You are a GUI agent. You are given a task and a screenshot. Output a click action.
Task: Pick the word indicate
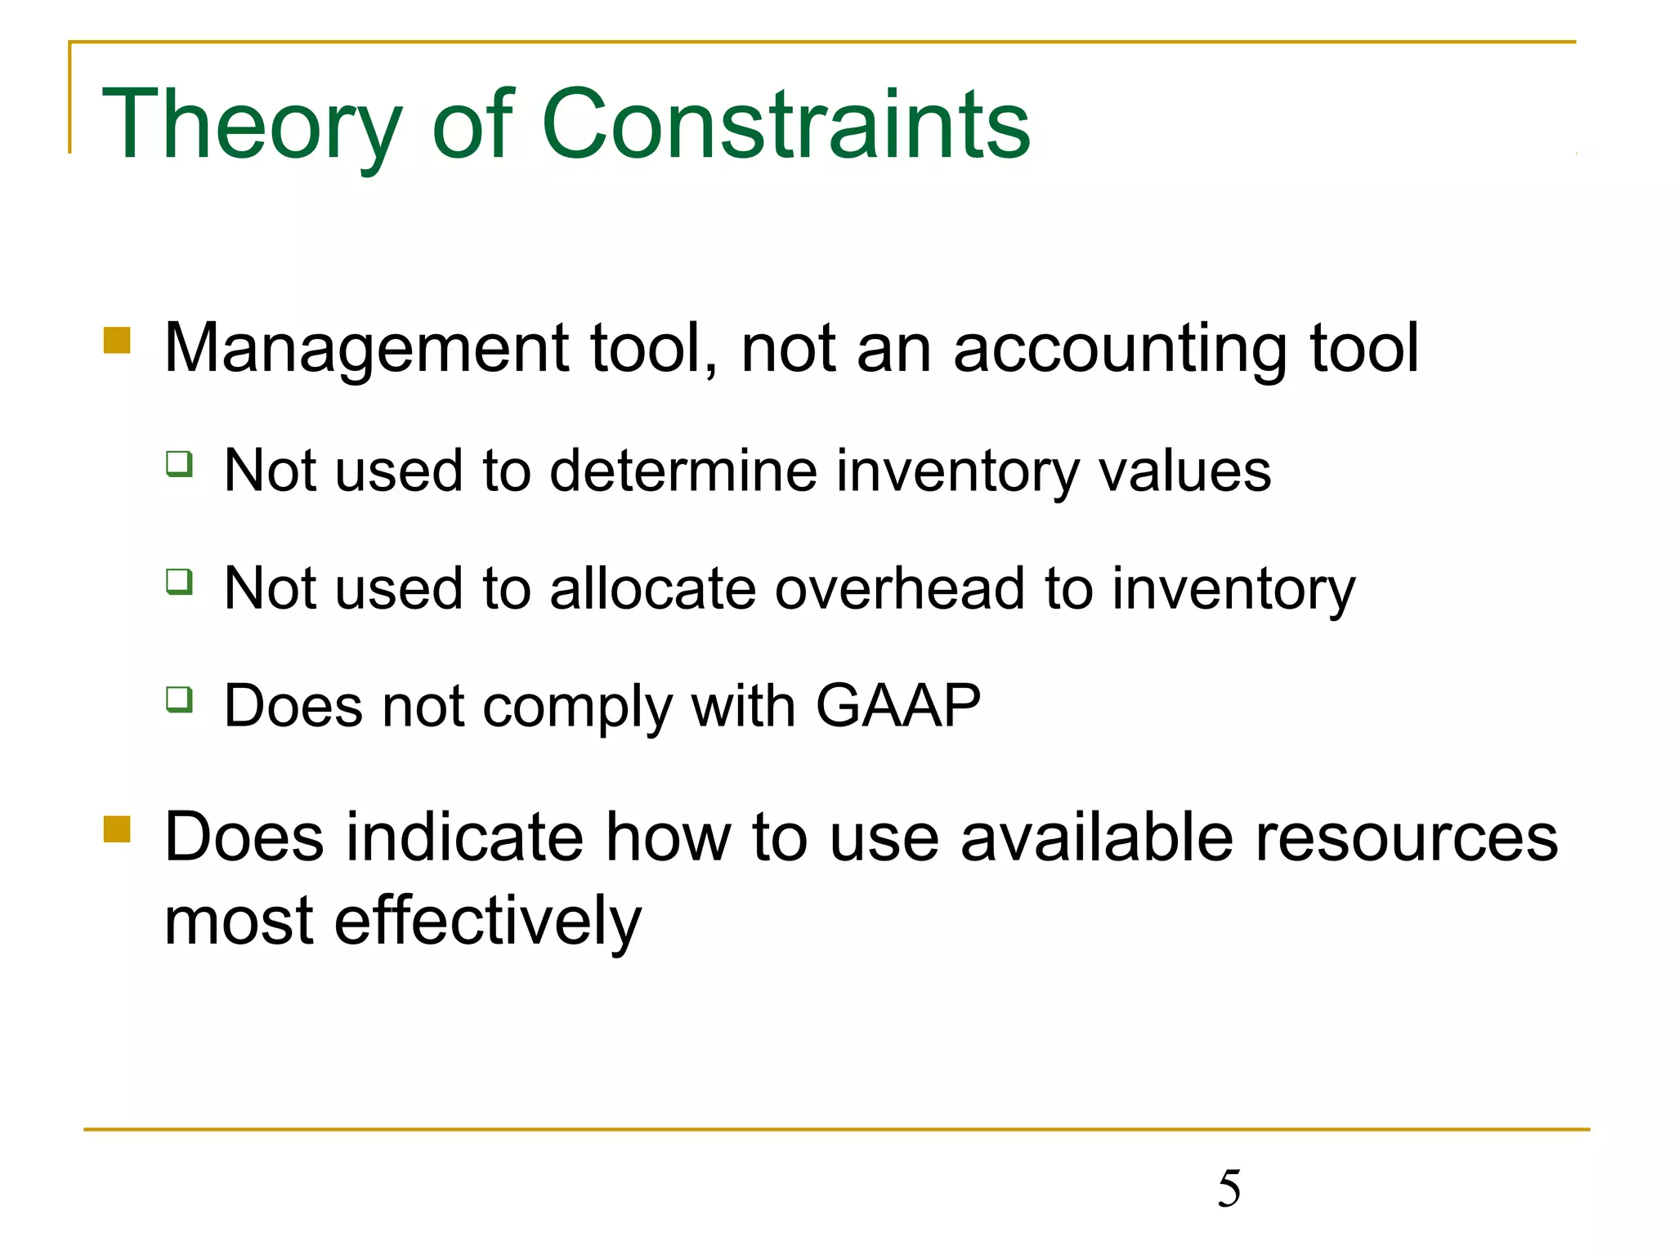click(x=464, y=837)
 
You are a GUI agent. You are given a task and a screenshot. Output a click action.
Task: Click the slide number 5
click(x=1229, y=1189)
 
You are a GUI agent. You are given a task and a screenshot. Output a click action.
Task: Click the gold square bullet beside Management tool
click(x=118, y=341)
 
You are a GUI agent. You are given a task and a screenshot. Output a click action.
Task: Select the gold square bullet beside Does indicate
click(x=118, y=828)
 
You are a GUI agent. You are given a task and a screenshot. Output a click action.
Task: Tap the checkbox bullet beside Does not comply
click(x=179, y=699)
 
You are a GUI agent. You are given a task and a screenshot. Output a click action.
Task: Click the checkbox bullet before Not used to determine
click(x=179, y=463)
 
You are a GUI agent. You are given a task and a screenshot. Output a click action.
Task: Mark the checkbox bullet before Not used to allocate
click(x=179, y=582)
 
